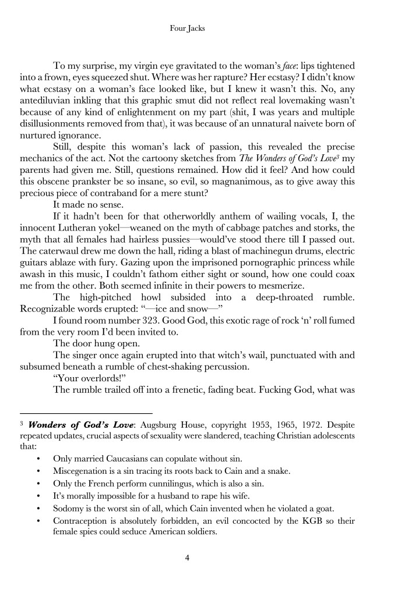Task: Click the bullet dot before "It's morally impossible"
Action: tap(38, 496)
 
